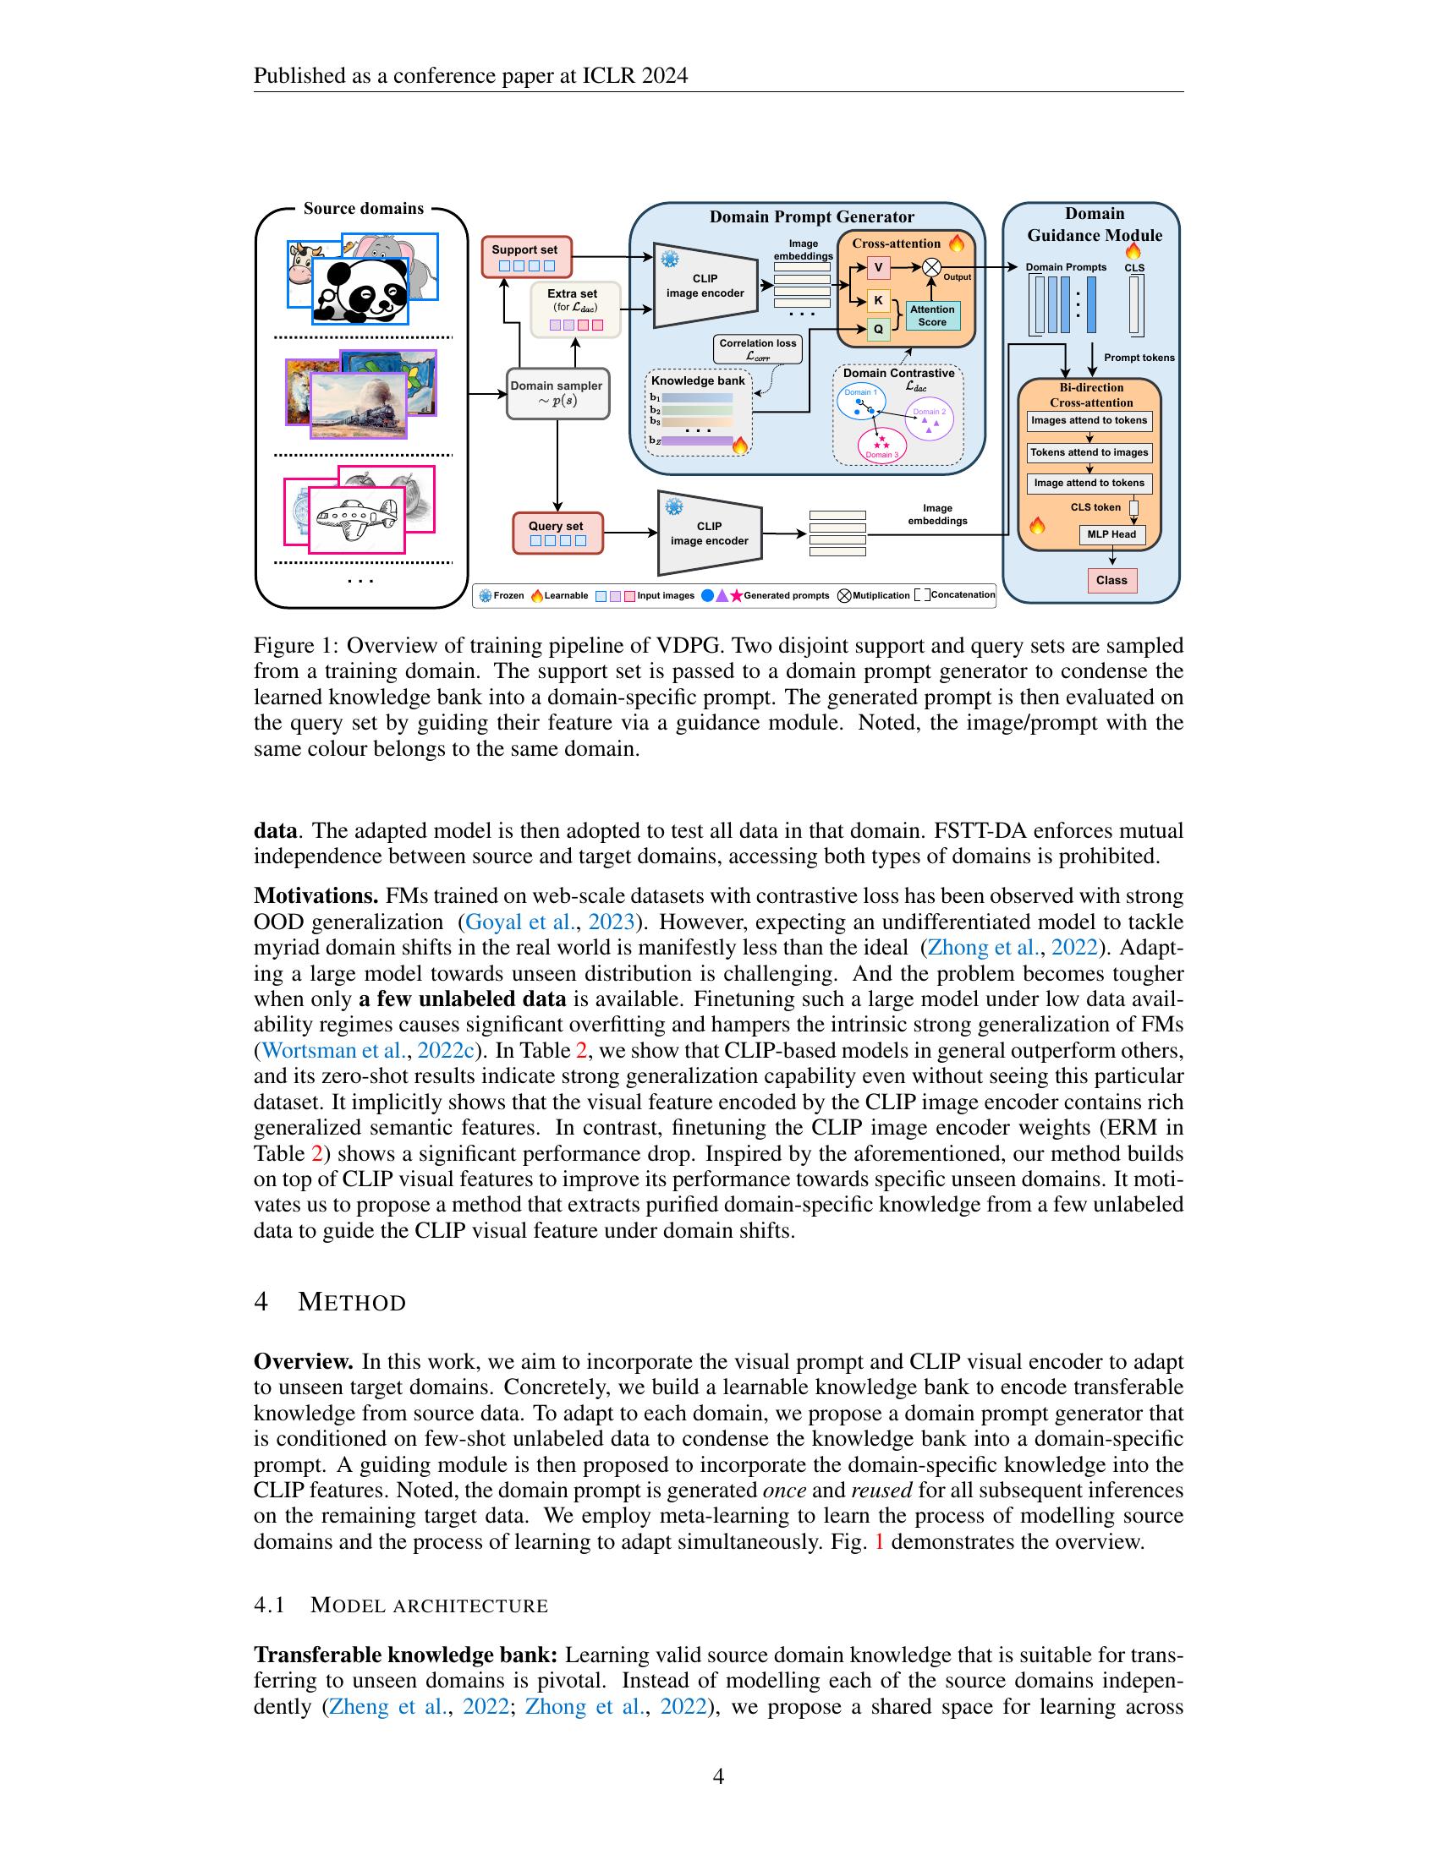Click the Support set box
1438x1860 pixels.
coord(525,256)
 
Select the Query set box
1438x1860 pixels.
coord(557,533)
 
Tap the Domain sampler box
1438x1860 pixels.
coord(557,393)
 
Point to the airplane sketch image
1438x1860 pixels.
coord(356,517)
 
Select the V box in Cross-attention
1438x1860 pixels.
coord(878,268)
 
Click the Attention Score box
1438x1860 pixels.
coord(932,316)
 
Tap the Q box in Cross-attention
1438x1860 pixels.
coord(878,329)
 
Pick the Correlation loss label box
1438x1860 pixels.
coord(757,349)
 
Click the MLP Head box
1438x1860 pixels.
coord(1111,535)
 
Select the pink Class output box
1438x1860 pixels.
coord(1111,580)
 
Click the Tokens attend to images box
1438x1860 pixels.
coord(1089,452)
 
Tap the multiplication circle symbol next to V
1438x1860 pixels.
coord(932,267)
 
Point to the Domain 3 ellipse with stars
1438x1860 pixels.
coord(881,444)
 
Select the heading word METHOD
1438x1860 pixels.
coord(351,1303)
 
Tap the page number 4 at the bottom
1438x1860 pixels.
coord(718,1776)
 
